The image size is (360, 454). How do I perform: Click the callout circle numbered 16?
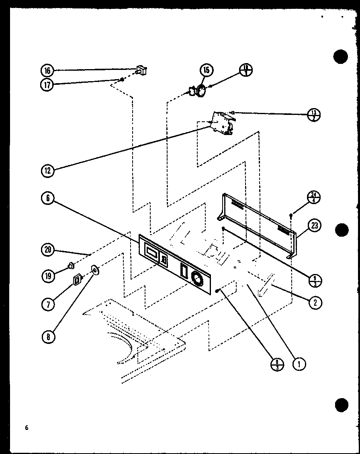(47, 71)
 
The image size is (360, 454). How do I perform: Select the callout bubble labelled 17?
(47, 84)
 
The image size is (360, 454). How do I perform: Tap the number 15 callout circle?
(206, 70)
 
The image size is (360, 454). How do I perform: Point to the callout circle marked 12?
(47, 171)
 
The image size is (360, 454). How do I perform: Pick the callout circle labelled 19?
(47, 276)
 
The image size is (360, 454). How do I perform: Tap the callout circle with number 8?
(47, 337)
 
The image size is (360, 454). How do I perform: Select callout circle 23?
(314, 225)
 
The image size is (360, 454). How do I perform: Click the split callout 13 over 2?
(313, 115)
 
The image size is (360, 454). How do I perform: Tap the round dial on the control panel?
(197, 278)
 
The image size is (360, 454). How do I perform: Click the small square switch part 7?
(76, 279)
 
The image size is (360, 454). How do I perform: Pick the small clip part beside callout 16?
(141, 71)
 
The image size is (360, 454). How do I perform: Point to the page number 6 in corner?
(27, 427)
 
